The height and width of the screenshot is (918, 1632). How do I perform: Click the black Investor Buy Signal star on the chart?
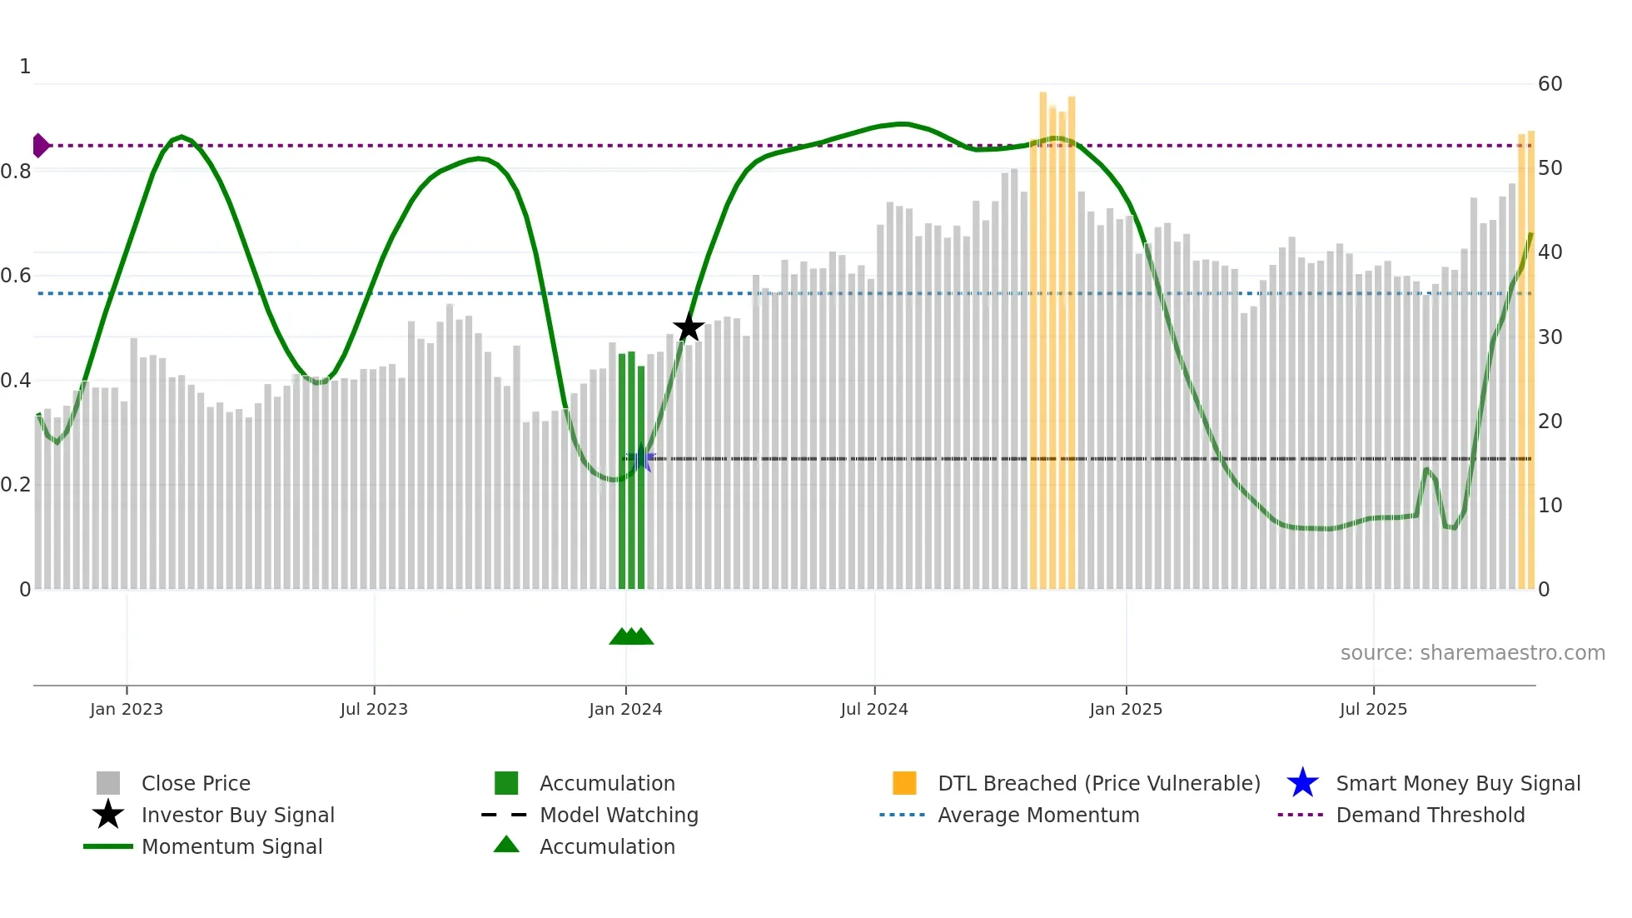689,328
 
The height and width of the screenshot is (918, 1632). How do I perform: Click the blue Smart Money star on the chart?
641,459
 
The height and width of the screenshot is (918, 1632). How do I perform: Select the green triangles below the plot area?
631,636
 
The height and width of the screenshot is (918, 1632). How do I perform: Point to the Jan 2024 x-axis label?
625,709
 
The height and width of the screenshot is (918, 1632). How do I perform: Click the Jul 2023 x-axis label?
374,709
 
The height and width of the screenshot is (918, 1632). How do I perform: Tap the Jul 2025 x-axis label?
1373,709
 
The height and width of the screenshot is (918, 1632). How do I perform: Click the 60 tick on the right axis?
1550,84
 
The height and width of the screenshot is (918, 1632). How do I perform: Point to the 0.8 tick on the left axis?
17,172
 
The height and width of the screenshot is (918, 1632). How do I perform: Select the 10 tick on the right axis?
1550,506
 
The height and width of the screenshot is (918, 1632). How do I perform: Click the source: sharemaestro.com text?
1472,653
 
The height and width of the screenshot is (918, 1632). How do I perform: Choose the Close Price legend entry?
196,783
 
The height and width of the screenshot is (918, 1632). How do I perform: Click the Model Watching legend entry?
619,815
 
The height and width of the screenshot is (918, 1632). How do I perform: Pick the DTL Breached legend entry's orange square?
904,783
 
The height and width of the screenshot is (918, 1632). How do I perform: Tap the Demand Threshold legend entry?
1430,815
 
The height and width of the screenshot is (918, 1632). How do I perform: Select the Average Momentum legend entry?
1037,815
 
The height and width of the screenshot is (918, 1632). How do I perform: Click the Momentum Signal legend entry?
231,846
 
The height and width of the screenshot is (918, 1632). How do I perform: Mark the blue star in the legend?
1302,783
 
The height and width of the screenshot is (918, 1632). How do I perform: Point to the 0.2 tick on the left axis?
17,485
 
